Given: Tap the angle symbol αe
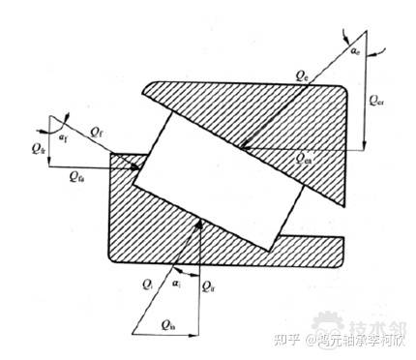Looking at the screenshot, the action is click(x=355, y=45).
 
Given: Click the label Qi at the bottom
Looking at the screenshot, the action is click(x=147, y=283).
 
